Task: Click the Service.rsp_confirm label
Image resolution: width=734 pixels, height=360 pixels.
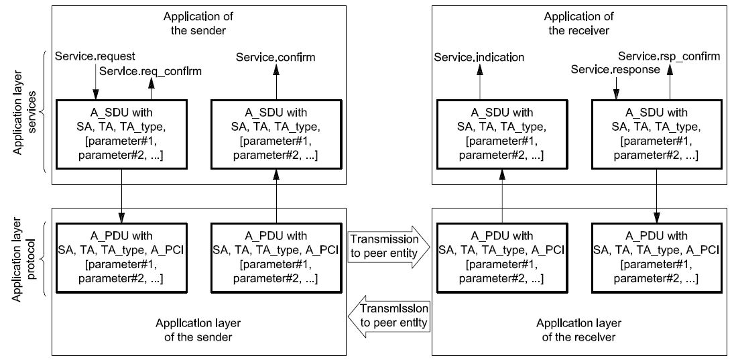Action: point(669,57)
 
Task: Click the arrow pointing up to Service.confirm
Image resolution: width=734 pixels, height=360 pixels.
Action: point(276,83)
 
